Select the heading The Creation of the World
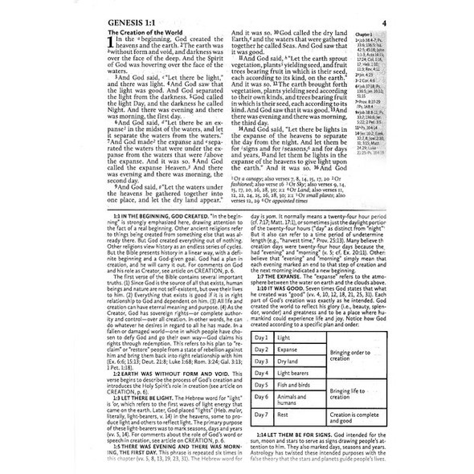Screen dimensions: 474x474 (153, 31)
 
